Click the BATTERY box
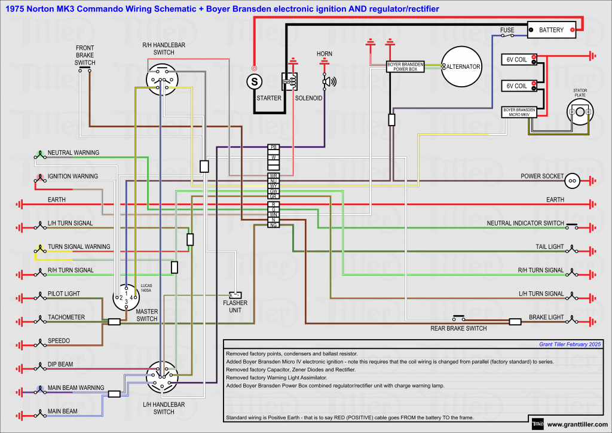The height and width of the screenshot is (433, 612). coord(551,30)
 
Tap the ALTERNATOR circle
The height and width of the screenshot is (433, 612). coord(461,67)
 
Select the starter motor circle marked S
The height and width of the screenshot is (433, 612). coord(255,80)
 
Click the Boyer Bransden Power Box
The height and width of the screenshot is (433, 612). coord(406,66)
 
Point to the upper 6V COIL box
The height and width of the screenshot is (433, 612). coord(518,59)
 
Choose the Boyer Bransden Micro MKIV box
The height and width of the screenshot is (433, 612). coord(518,112)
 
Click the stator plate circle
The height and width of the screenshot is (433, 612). coord(580,112)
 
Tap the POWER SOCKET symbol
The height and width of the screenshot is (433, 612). coord(572,180)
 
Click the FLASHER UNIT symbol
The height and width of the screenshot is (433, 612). coord(235,295)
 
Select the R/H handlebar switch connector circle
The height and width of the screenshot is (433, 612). coord(163,80)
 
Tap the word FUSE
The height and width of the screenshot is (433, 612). coord(507,29)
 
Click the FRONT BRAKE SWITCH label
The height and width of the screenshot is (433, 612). coord(85,55)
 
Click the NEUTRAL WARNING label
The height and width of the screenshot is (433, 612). coord(74,153)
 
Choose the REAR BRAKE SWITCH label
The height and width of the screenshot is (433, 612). coord(458,328)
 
